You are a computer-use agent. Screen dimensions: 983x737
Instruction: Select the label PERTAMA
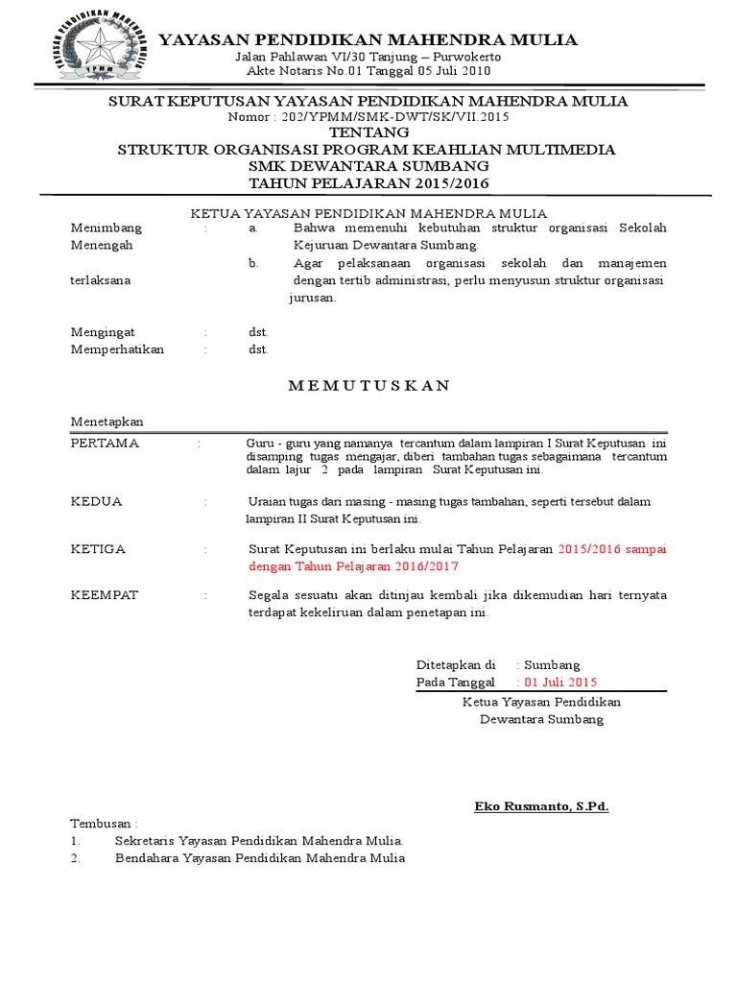pos(106,443)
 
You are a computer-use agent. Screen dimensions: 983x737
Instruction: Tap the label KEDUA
pos(97,501)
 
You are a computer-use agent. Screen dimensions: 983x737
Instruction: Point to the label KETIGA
pos(99,548)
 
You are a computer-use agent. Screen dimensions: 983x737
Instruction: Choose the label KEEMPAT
pos(106,595)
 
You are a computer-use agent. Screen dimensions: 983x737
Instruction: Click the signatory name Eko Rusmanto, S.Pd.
pos(541,805)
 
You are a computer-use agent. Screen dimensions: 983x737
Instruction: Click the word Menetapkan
pos(107,422)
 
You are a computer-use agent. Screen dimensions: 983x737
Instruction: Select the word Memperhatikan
pos(118,349)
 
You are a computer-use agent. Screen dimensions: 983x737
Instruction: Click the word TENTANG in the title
pos(368,132)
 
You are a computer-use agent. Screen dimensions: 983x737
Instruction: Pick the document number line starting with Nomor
pos(368,116)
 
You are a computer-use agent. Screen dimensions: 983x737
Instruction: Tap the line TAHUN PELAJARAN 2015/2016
pos(368,183)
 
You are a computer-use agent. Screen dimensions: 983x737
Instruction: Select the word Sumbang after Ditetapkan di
pos(554,664)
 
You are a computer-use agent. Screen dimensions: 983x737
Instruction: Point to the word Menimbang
pos(107,228)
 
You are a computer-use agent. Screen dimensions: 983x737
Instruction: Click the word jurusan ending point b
pos(313,298)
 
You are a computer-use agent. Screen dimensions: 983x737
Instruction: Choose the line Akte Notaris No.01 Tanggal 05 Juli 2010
pos(368,72)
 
